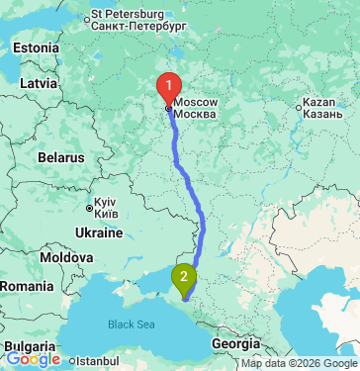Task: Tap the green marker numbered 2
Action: [x=184, y=278]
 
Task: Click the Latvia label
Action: [x=39, y=83]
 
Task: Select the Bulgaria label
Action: [x=24, y=346]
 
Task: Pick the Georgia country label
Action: [x=236, y=343]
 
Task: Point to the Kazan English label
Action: [x=320, y=102]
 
